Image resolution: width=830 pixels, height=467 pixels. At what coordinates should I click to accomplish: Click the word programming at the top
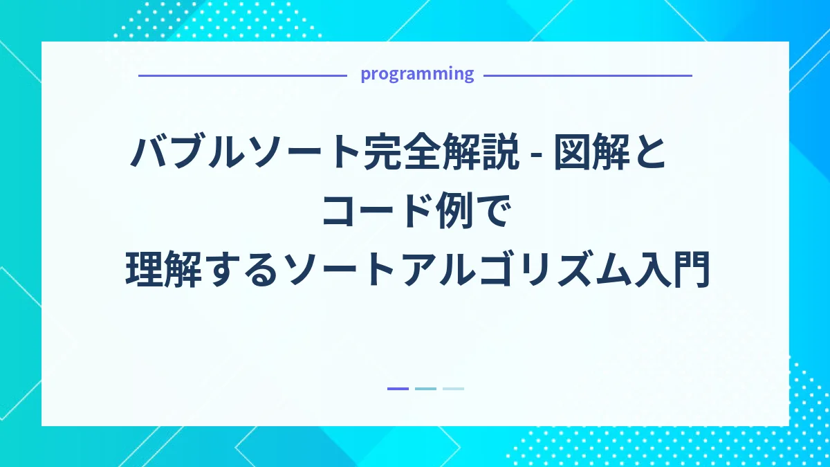pyautogui.click(x=417, y=74)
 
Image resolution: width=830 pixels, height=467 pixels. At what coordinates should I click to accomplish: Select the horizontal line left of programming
pyautogui.click(x=242, y=75)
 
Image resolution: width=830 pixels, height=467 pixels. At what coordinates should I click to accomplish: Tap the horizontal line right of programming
pyautogui.click(x=587, y=75)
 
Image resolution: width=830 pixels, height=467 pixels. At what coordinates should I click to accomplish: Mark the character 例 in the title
pyautogui.click(x=461, y=212)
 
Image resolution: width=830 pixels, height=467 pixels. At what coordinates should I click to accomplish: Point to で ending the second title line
pyautogui.click(x=493, y=212)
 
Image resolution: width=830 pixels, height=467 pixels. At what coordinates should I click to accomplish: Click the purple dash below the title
pyautogui.click(x=398, y=389)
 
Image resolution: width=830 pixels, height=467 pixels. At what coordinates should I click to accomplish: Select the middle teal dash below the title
pyautogui.click(x=425, y=389)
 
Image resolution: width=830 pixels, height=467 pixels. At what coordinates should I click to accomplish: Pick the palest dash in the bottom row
pyautogui.click(x=453, y=389)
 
